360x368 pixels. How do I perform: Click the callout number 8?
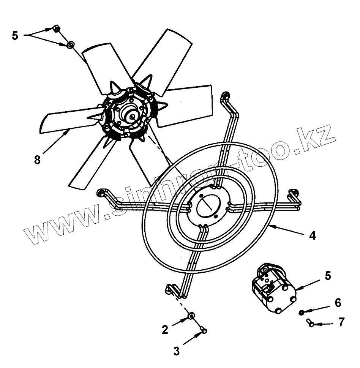[x=37, y=160]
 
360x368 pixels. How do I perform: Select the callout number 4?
[x=312, y=236]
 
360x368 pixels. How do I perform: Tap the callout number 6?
[x=338, y=303]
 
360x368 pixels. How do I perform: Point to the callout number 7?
[x=341, y=323]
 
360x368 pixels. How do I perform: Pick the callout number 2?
[x=165, y=330]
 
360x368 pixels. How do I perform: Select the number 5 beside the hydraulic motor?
[x=328, y=275]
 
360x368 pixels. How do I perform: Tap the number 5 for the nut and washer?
[x=15, y=36]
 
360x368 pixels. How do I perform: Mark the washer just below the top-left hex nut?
[x=70, y=45]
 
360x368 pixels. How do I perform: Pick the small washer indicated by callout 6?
[x=301, y=312]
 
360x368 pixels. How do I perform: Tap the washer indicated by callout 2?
[x=192, y=315]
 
